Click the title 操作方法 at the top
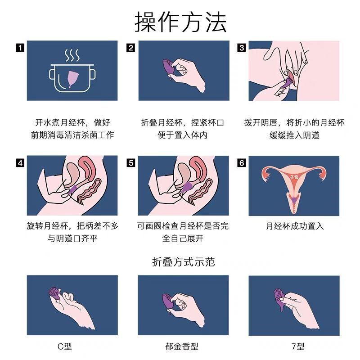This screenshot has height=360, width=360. click(180, 22)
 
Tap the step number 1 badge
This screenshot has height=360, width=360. click(20, 48)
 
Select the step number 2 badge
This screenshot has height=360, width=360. click(131, 48)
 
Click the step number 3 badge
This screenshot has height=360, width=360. click(242, 48)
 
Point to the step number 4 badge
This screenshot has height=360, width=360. click(20, 163)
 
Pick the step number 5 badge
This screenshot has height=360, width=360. click(131, 163)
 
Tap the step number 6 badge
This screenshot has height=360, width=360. click(242, 163)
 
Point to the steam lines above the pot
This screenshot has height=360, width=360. click(72, 55)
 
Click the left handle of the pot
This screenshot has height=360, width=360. click(52, 75)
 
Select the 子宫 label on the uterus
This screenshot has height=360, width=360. click(294, 177)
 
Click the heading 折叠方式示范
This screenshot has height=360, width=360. click(183, 262)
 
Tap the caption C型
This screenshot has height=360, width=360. click(65, 346)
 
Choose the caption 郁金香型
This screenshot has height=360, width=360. click(182, 346)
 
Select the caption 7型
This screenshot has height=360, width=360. click(298, 346)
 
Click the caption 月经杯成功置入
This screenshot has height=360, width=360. click(295, 226)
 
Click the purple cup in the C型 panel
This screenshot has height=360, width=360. click(55, 294)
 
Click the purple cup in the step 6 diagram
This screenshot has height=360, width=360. click(294, 199)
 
